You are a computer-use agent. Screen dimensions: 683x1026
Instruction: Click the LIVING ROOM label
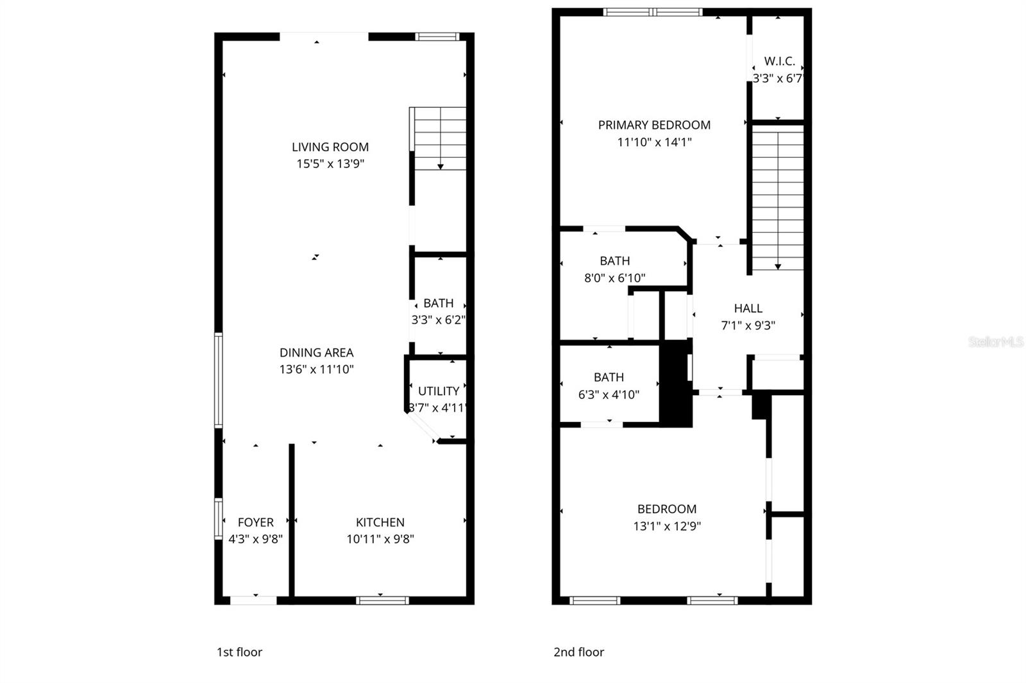[330, 147]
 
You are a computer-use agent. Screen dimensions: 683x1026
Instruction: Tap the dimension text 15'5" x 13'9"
[330, 164]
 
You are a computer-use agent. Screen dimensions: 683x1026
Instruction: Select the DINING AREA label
[316, 353]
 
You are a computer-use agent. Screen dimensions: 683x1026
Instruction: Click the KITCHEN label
[380, 523]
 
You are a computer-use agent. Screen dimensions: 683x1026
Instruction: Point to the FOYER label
[255, 523]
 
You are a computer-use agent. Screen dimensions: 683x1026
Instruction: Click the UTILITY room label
[439, 391]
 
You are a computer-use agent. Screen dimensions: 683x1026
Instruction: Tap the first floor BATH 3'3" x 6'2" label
[439, 303]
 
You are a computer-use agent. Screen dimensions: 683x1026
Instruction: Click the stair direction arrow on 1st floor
[441, 166]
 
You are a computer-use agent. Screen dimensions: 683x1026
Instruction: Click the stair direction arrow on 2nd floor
[778, 266]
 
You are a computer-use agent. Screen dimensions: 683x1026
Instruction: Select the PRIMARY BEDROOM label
[654, 125]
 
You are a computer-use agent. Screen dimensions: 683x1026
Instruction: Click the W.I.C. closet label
[779, 62]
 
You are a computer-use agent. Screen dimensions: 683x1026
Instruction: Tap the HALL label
[748, 308]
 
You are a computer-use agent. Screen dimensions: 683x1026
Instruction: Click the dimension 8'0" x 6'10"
[614, 278]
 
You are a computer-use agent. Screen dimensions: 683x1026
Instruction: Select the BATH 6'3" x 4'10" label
[609, 378]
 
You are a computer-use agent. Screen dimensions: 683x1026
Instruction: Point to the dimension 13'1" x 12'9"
[666, 527]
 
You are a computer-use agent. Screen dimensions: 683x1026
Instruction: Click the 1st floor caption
[239, 652]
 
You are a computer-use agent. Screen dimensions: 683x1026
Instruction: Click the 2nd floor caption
[578, 652]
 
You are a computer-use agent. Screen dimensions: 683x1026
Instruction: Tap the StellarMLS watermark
[995, 342]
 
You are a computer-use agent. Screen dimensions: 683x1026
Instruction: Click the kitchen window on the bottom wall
[382, 601]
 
